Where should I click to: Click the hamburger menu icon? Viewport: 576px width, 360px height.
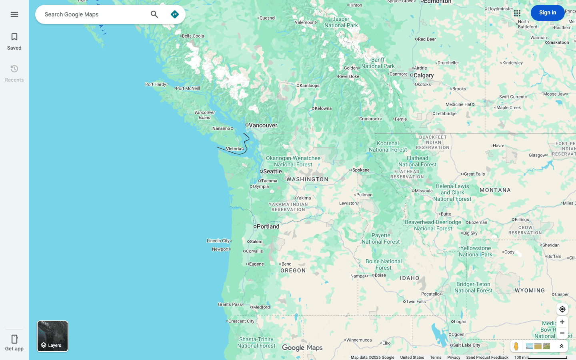14,14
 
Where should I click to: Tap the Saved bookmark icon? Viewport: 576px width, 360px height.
14,37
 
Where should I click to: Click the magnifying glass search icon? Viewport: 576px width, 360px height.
154,14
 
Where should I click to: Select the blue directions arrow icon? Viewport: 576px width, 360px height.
175,14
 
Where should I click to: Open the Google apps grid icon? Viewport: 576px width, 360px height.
517,13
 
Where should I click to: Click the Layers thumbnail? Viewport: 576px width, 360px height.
53,336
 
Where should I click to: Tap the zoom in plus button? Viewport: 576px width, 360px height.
562,322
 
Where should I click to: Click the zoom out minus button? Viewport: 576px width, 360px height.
562,333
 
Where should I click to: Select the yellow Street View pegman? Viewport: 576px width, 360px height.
516,346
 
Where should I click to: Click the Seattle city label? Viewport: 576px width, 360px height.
272,171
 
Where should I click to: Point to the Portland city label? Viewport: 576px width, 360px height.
268,226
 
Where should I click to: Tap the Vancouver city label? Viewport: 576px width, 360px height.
263,125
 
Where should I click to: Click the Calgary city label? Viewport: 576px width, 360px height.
423,75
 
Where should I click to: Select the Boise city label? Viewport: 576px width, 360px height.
380,275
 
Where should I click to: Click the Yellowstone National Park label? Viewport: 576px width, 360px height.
476,251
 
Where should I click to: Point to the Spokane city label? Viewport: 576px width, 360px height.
361,170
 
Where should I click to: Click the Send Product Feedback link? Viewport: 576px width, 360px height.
487,358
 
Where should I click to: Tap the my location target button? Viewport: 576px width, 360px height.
562,309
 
